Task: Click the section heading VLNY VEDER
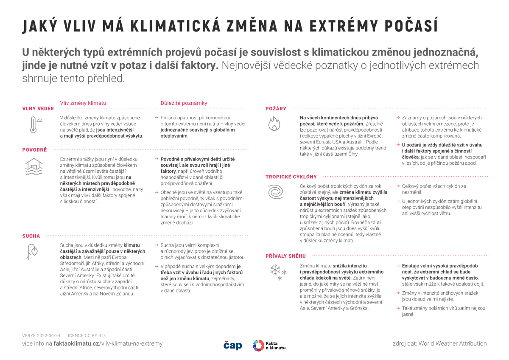coord(38,109)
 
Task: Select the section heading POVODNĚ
coord(34,150)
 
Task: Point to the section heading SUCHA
coord(31,236)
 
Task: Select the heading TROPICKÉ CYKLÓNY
coord(291,177)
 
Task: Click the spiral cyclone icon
coord(275,192)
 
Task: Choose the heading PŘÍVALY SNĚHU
coord(285,256)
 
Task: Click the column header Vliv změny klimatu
coord(83,103)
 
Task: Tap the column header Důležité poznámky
coord(184,103)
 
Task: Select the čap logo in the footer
coord(232,345)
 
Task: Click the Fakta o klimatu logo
coord(269,345)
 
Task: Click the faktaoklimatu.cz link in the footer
coord(76,343)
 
